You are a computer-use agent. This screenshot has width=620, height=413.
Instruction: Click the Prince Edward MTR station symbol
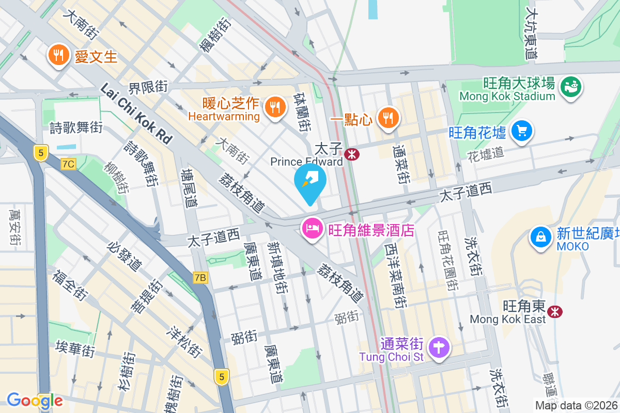tap(352, 154)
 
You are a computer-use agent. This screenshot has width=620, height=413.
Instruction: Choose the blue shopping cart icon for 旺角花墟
tap(522, 131)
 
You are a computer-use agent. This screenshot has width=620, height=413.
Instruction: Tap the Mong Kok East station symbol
tap(555, 311)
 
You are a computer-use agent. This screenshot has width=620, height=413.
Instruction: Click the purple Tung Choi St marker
tap(439, 346)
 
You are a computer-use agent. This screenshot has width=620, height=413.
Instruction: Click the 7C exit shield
tap(68, 164)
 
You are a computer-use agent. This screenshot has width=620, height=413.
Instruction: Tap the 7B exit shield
tap(200, 278)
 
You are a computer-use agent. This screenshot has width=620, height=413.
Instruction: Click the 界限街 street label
tap(148, 87)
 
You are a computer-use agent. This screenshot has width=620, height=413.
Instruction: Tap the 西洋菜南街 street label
tap(396, 276)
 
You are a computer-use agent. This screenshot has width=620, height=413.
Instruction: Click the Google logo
tap(35, 401)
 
